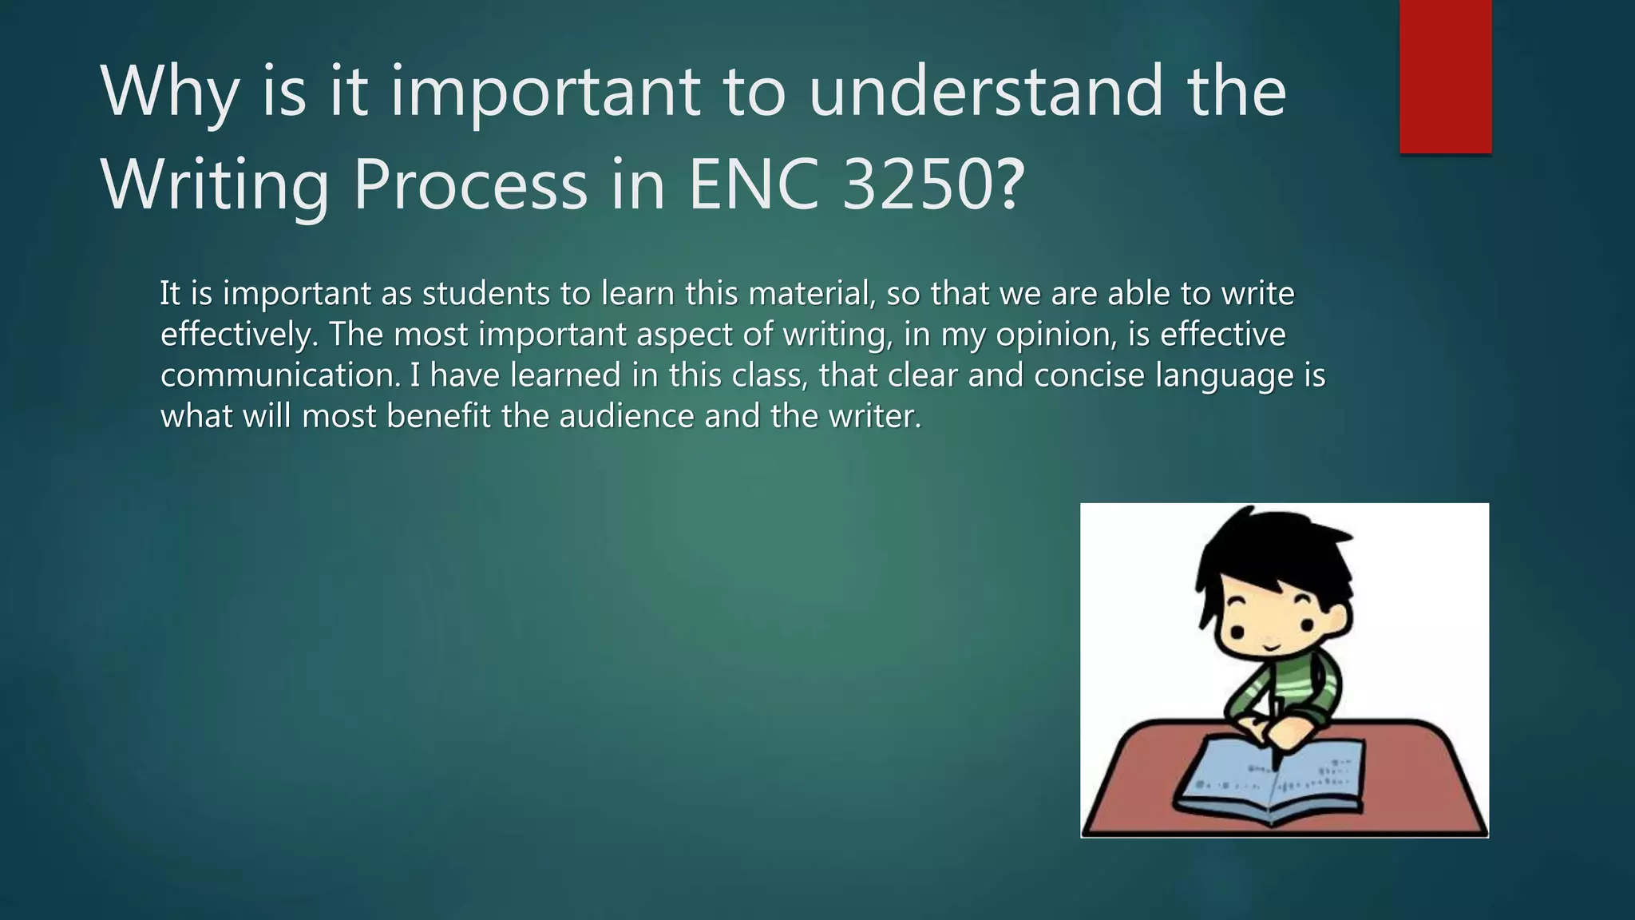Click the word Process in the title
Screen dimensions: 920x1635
pos(470,185)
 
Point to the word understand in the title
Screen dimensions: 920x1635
pos(986,91)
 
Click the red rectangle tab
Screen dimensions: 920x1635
pos(1445,76)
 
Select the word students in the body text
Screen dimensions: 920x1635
pos(485,293)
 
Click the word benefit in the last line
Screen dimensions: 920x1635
pos(438,416)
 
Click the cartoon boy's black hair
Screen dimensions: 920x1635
pos(1277,551)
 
